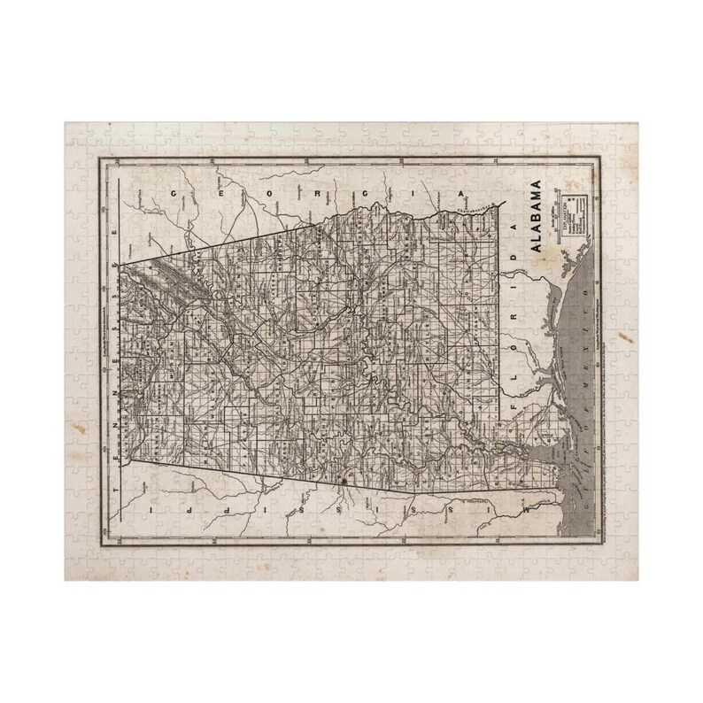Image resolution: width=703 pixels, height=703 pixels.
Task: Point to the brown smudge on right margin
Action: [631, 337]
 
